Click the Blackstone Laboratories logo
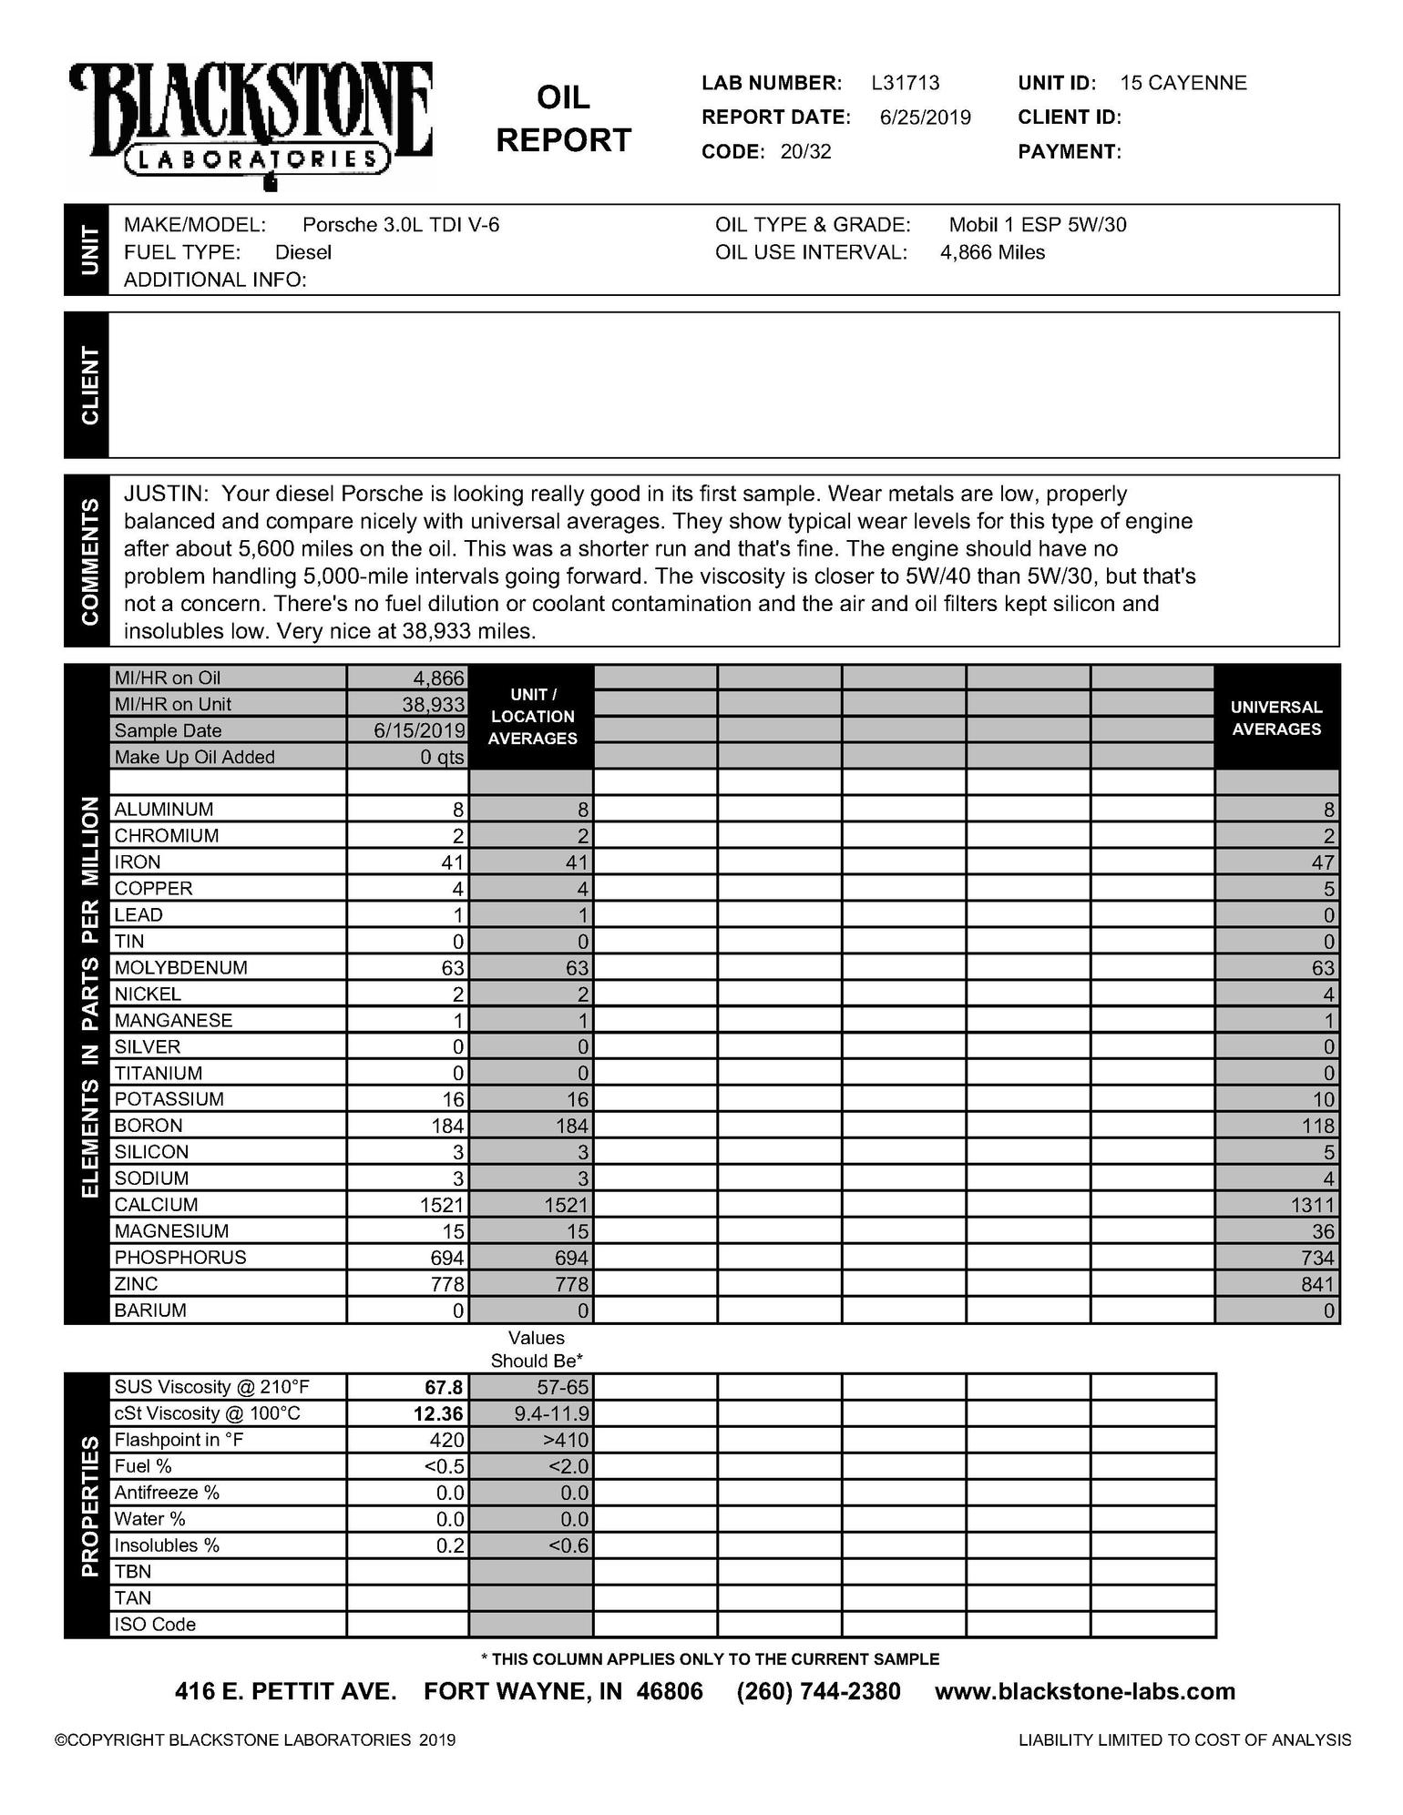point(251,123)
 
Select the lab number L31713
point(905,83)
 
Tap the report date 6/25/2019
point(925,117)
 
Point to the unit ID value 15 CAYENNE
point(1183,83)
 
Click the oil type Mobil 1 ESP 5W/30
point(1037,225)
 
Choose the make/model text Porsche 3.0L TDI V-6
point(400,225)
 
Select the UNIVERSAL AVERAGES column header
point(1275,718)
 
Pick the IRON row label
point(138,862)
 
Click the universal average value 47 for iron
point(1322,862)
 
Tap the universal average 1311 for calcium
point(1311,1205)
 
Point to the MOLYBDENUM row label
point(180,967)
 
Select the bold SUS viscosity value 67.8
point(444,1387)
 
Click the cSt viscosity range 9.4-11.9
point(551,1413)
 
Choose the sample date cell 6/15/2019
point(418,730)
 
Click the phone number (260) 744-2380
point(818,1691)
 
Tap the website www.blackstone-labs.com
point(1084,1691)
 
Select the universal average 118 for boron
point(1317,1126)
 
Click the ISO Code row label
point(155,1624)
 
